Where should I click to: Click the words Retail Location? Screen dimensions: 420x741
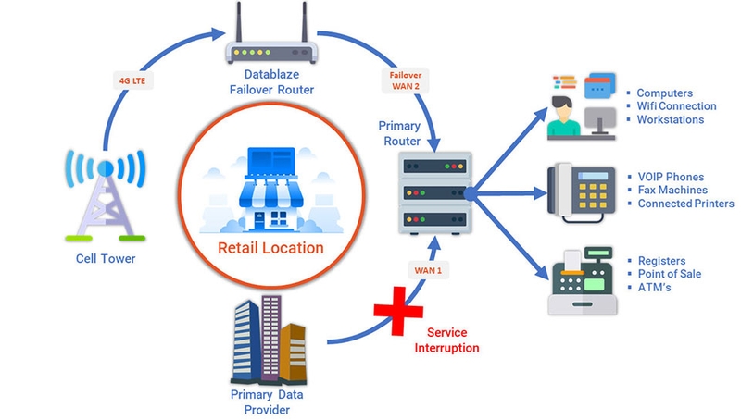point(270,248)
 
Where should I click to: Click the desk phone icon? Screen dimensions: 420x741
point(575,190)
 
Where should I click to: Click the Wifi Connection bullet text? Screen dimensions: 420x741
point(676,106)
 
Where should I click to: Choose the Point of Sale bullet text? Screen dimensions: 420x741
point(670,274)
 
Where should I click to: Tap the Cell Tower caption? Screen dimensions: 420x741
point(106,259)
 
